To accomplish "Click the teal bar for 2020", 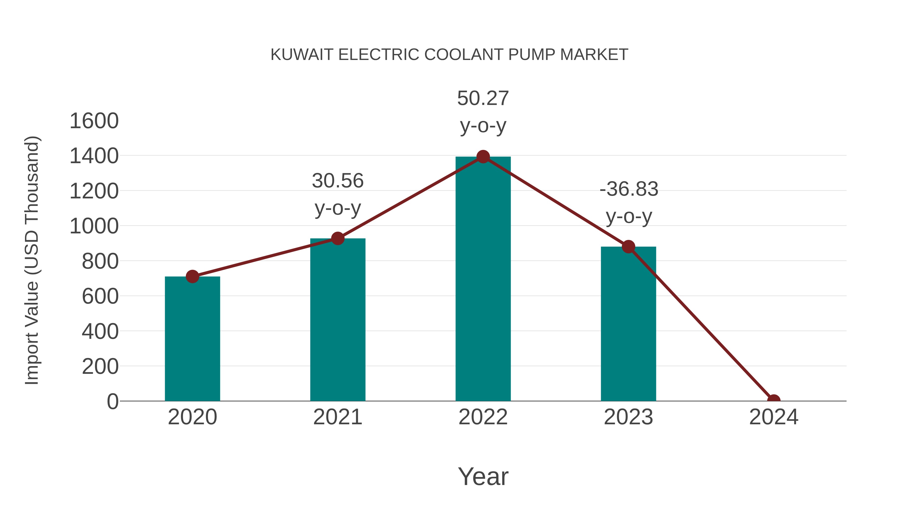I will point(192,339).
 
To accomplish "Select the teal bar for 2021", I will point(337,320).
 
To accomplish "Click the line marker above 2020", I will point(192,277).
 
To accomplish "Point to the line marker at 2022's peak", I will point(483,157).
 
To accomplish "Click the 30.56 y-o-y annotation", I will point(337,194).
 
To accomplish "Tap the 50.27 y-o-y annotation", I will point(483,111).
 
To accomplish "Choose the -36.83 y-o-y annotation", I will point(629,203).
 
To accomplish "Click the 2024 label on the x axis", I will point(773,417).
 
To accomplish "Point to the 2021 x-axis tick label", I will point(337,417).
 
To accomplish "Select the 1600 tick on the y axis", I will point(94,121).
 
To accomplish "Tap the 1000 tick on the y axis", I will point(94,226).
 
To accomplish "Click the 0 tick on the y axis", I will point(113,402).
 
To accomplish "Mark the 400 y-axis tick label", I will point(100,331).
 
